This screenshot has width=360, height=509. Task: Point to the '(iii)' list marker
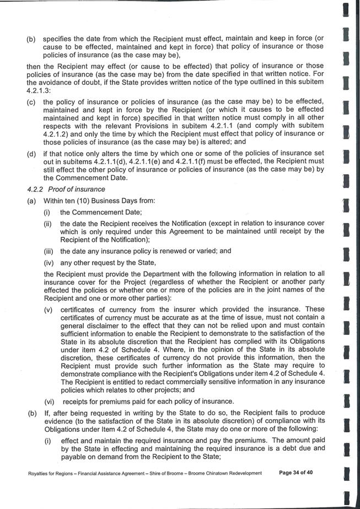tap(50, 251)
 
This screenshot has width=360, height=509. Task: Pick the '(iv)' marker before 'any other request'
tap(50, 262)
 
